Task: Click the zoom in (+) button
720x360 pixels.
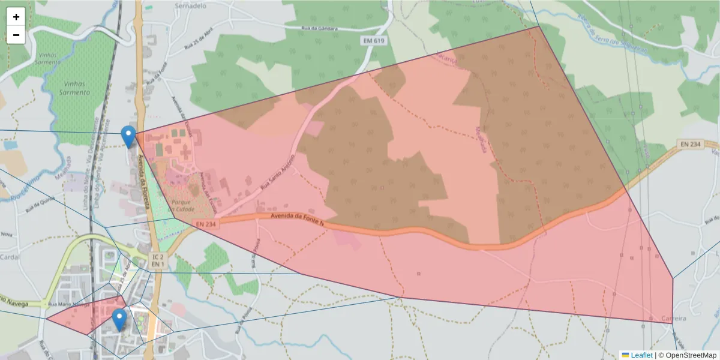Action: (16, 17)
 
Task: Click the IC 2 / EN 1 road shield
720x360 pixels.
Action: (157, 260)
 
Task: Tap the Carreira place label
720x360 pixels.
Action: (673, 317)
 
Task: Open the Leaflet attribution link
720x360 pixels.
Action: (641, 355)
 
